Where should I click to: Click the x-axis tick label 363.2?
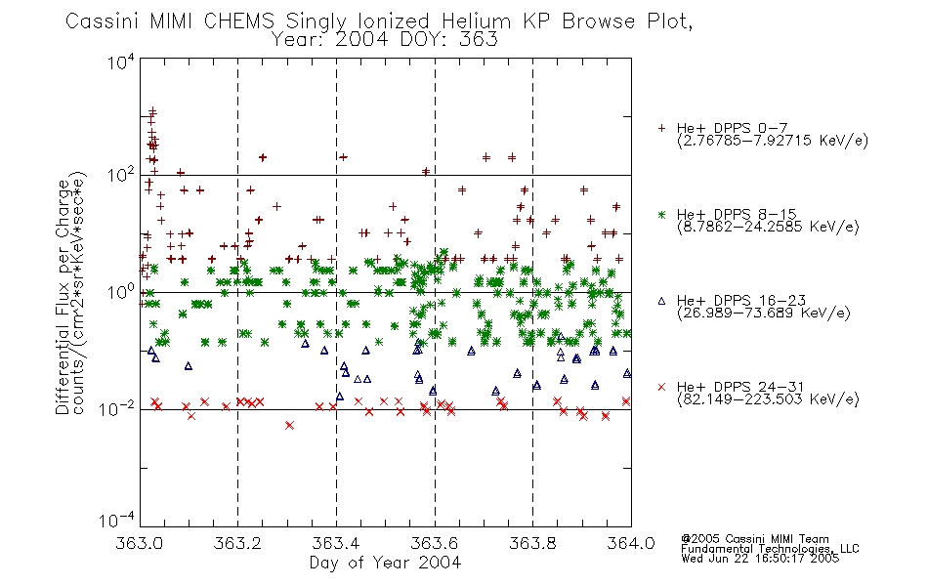[x=237, y=543]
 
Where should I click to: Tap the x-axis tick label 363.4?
[x=336, y=543]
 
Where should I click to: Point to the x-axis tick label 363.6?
[x=435, y=543]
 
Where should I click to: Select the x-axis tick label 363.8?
[x=532, y=543]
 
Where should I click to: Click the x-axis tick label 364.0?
[x=631, y=543]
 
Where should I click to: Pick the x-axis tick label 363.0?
[x=140, y=543]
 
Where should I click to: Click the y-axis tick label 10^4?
[x=121, y=63]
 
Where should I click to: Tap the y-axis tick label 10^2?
[x=121, y=176]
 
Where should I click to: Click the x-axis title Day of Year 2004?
[x=385, y=563]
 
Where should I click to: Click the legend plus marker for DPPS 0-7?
[x=661, y=128]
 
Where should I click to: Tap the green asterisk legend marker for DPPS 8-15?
[x=661, y=214]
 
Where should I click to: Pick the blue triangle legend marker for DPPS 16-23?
[x=661, y=301]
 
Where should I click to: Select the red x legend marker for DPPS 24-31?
[x=661, y=387]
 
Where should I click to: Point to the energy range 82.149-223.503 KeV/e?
[x=768, y=398]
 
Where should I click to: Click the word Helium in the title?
[x=477, y=21]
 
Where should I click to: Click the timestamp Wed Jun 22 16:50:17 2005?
[x=760, y=559]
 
